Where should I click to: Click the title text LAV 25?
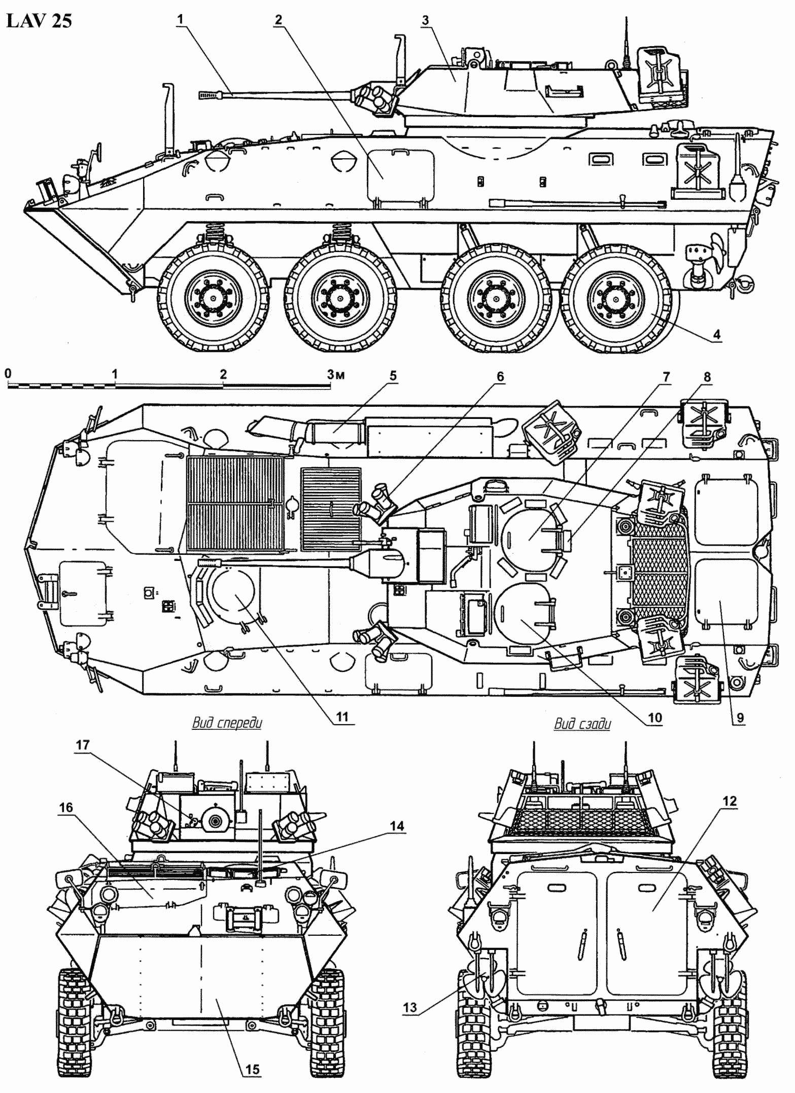[39, 21]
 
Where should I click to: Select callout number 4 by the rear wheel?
[716, 335]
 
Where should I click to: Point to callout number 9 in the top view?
[740, 717]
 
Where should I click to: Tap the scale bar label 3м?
[336, 375]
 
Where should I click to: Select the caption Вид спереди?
[227, 723]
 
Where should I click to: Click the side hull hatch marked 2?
[401, 175]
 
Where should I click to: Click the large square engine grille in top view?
[235, 503]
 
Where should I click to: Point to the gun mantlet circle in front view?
[218, 822]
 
